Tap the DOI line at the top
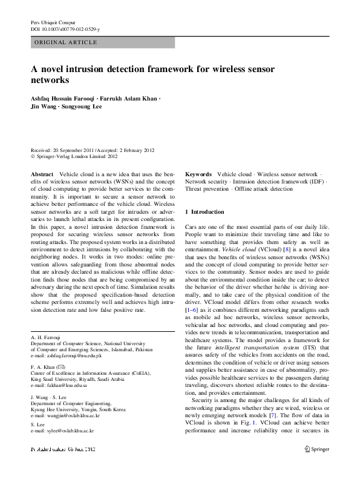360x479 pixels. point(65,29)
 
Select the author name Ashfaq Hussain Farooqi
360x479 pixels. point(62,98)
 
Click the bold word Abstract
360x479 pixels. point(42,174)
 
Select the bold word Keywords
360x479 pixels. point(198,174)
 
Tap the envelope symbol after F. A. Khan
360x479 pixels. point(61,367)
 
